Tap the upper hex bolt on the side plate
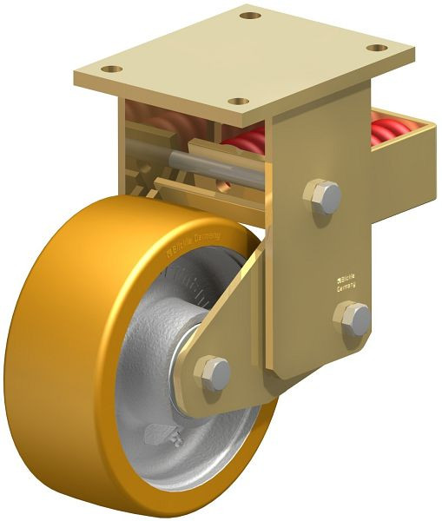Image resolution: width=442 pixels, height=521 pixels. tap(323, 195)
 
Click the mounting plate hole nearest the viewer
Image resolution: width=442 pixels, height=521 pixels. tap(238, 102)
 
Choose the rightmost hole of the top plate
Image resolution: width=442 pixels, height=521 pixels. tap(375, 47)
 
